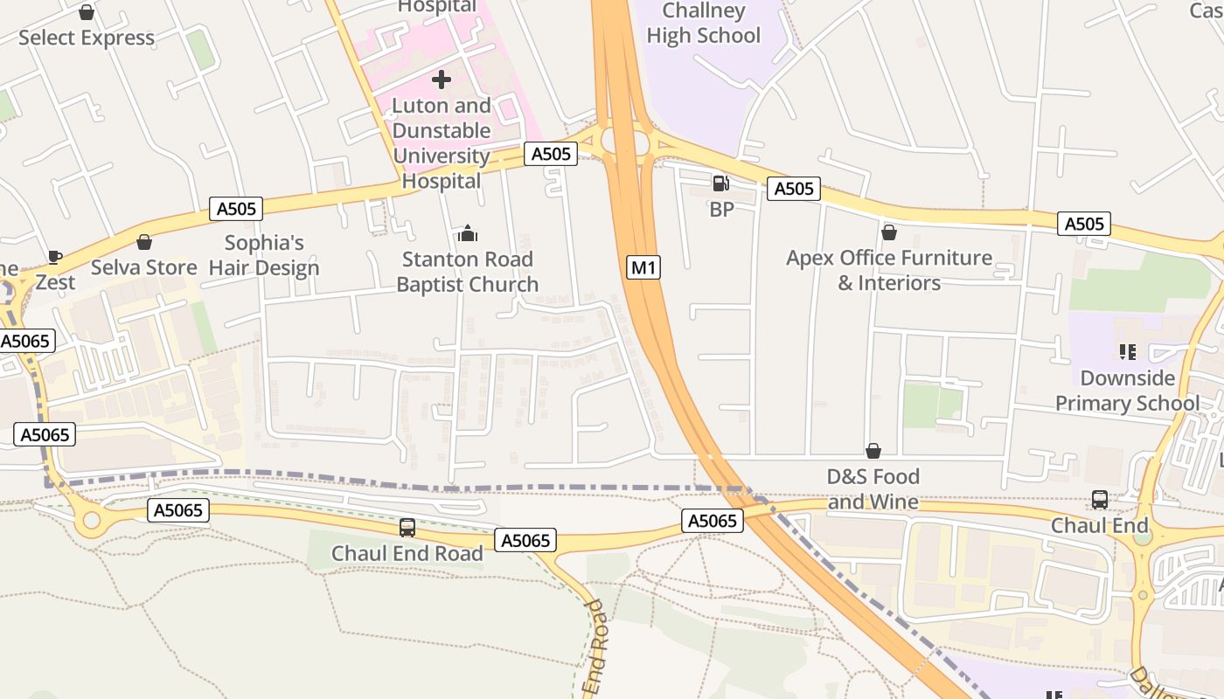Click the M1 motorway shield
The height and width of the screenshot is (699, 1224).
[x=643, y=267]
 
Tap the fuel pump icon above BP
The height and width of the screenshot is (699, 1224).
[x=720, y=183]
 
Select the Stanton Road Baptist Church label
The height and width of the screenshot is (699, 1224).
[x=467, y=272]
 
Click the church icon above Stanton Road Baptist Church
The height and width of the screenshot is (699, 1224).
[x=468, y=233]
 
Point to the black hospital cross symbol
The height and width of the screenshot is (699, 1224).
[x=442, y=80]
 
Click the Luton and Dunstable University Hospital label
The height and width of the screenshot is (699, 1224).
[x=442, y=143]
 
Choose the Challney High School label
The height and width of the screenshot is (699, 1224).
[x=704, y=24]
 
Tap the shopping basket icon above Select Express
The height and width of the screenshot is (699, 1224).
[x=87, y=12]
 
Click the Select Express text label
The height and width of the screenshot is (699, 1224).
[x=87, y=38]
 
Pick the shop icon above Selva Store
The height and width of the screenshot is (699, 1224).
[x=144, y=242]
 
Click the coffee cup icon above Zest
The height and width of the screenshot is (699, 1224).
[x=55, y=257]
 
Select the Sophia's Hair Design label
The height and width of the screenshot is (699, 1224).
[x=264, y=255]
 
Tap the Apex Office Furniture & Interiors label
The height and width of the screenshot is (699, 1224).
[x=889, y=270]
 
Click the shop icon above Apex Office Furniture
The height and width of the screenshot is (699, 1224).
[x=889, y=232]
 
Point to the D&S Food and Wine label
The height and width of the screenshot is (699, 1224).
[x=873, y=488]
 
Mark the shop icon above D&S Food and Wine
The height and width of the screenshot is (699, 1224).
[x=873, y=451]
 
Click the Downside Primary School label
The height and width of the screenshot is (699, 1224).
[x=1127, y=391]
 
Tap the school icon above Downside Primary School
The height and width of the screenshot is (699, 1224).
[x=1127, y=352]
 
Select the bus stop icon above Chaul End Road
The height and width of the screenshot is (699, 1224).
[x=407, y=528]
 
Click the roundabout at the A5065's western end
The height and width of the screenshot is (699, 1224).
[x=91, y=521]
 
